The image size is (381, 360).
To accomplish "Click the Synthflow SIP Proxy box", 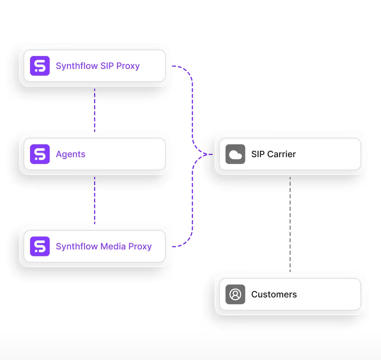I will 94,66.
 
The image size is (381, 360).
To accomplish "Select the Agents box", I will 94,154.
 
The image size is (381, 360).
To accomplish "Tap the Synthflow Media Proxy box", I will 94,246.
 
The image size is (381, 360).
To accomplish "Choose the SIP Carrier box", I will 290,154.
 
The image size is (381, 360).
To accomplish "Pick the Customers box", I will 290,294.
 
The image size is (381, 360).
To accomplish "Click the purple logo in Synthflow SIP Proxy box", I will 40,66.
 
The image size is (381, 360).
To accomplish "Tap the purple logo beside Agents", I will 40,154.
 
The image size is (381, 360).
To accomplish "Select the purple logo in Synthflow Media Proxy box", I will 40,246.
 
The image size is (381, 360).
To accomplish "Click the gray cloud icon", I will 235,154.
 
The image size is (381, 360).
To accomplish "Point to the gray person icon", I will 235,294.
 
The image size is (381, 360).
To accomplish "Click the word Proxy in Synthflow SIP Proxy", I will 128,66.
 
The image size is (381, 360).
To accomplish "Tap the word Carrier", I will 282,154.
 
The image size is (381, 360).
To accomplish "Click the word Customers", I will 274,294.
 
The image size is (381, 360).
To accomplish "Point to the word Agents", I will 70,154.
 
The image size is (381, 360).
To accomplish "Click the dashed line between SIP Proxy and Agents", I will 94,110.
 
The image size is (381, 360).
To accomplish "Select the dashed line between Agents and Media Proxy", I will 94,200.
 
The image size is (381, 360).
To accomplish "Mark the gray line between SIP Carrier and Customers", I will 291,225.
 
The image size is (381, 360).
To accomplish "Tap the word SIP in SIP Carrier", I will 258,154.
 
